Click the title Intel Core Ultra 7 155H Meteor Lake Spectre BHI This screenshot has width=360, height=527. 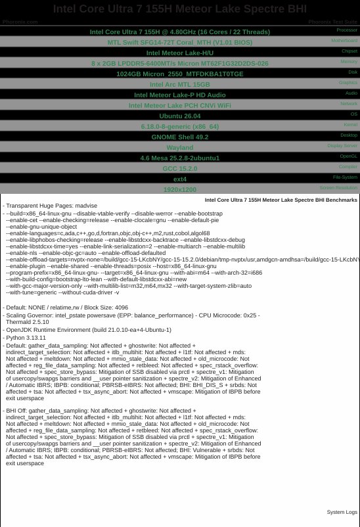(179, 9)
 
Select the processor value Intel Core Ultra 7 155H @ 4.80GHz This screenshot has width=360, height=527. (179, 32)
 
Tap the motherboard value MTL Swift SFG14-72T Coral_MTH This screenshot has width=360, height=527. (179, 42)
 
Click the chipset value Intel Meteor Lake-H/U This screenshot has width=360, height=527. (179, 53)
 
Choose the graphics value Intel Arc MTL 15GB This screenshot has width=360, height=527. (179, 84)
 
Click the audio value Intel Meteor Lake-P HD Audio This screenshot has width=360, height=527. (179, 95)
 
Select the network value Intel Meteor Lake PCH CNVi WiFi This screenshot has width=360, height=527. (179, 105)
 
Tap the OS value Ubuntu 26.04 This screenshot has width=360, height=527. (179, 116)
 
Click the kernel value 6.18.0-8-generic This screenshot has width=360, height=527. (179, 126)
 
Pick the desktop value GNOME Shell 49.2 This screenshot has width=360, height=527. (179, 137)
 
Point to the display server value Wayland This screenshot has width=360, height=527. (179, 147)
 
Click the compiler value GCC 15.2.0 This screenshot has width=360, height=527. (179, 168)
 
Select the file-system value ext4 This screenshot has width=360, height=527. (179, 179)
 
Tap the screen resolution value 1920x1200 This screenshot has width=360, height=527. (179, 189)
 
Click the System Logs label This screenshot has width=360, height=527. (342, 512)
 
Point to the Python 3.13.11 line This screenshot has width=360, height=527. (28, 338)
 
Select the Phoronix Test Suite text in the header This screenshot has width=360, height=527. (332, 22)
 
